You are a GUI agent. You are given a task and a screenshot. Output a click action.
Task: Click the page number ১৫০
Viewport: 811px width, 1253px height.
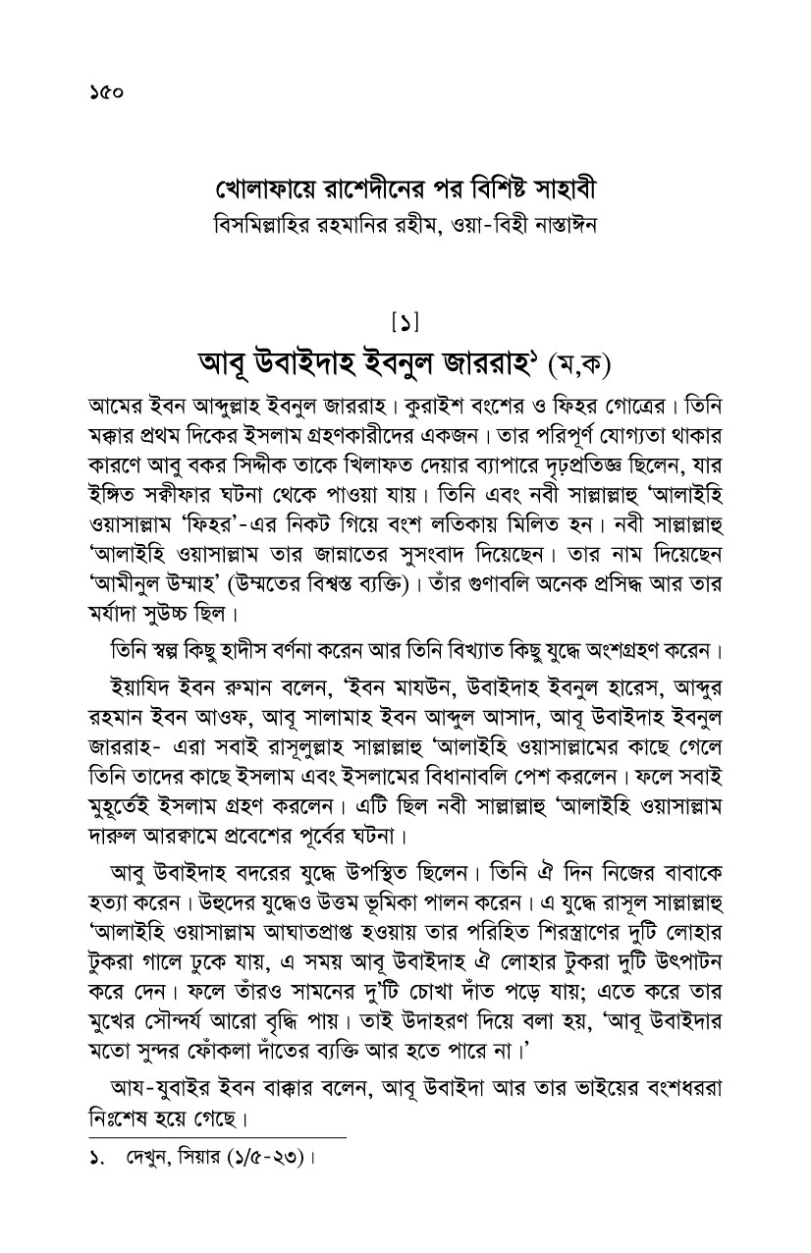[x=102, y=94]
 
